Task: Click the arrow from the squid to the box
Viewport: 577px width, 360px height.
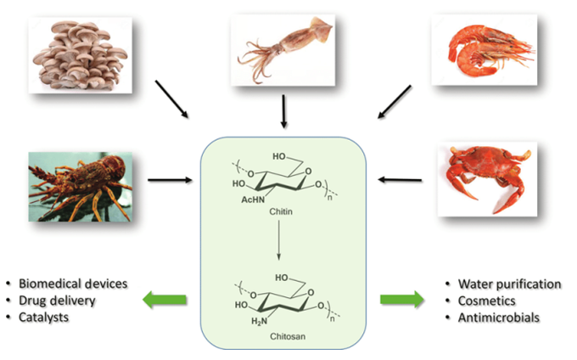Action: [284, 110]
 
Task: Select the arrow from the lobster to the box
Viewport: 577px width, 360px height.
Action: [168, 179]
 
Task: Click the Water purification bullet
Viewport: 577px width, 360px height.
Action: [501, 283]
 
